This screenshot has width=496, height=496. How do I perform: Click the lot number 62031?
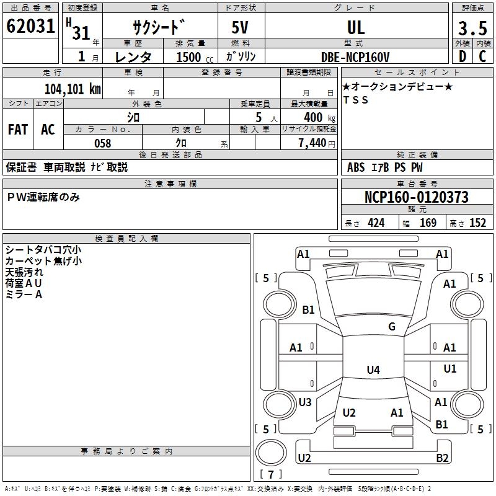click(31, 27)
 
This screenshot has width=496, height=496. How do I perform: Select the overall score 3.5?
click(471, 29)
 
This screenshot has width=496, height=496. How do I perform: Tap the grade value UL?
click(356, 28)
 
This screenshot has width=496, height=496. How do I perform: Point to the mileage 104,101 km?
click(73, 89)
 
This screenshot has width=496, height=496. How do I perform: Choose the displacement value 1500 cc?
click(189, 56)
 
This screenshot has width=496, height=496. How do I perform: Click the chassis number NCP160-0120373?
click(417, 198)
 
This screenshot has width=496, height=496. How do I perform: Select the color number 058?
click(102, 143)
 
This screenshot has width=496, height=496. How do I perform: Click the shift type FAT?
click(17, 130)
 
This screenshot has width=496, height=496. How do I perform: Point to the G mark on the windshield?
click(392, 327)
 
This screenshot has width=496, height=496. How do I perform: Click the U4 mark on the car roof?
click(373, 370)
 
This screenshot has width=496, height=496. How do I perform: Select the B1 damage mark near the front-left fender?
click(309, 310)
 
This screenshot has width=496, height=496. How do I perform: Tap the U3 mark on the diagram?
click(305, 402)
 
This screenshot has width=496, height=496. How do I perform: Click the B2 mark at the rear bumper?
click(442, 458)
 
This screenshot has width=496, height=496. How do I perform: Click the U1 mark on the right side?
click(449, 369)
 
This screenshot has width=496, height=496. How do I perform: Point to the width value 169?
click(428, 223)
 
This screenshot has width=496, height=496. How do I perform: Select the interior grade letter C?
click(483, 56)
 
